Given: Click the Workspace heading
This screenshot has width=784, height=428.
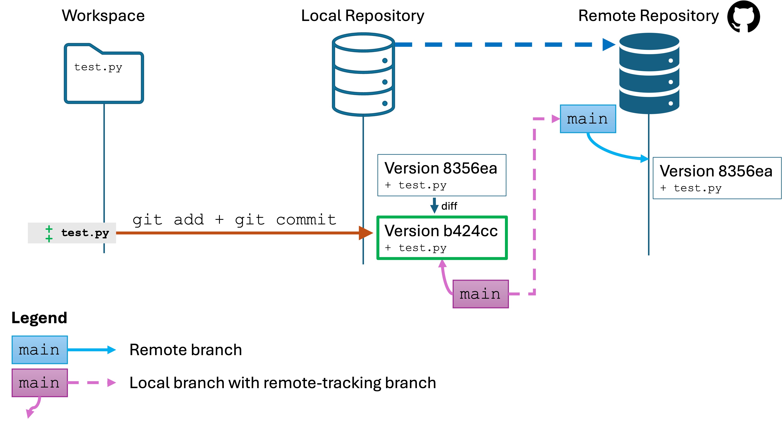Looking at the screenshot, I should click(x=103, y=16).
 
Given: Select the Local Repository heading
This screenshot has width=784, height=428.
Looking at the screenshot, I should click(x=363, y=16).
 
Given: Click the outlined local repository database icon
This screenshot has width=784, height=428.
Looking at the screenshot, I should click(x=363, y=75).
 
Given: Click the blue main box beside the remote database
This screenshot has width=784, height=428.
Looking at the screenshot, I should click(x=588, y=119).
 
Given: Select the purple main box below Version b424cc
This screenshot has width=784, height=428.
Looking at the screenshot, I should click(x=480, y=294).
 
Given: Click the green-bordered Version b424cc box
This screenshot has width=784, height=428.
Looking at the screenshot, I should click(x=442, y=238).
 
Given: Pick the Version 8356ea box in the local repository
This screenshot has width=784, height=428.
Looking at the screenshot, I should click(x=442, y=175).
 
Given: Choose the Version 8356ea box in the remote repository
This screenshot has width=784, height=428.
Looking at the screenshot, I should click(x=717, y=178).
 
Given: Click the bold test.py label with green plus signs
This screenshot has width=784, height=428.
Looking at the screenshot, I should click(x=85, y=233).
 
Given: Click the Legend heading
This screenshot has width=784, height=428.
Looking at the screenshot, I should click(x=39, y=318).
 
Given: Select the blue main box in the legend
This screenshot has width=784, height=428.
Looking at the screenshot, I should click(x=40, y=350).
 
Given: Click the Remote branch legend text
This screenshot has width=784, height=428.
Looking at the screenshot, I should click(x=186, y=350).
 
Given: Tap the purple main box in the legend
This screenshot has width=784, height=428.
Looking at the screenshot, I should click(x=40, y=383).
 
